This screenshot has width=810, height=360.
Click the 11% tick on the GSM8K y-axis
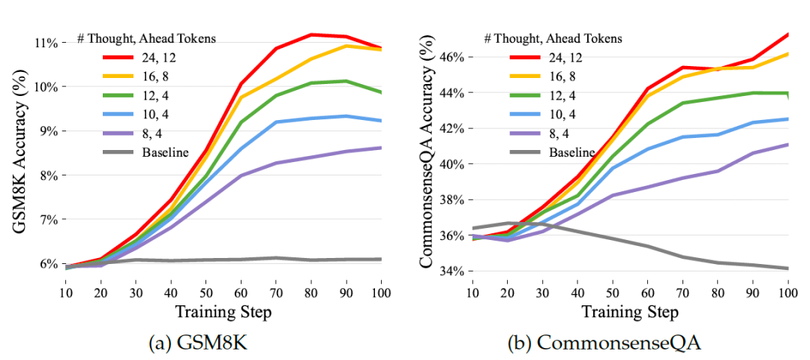(x=46, y=43)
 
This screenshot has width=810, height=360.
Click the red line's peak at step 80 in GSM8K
(x=311, y=34)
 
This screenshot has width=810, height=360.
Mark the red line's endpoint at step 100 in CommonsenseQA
(x=787, y=34)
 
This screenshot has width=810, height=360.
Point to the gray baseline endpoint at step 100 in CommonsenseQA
(x=787, y=268)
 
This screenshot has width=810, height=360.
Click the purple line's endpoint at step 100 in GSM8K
(x=381, y=148)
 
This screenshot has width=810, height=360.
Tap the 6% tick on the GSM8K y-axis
(x=48, y=264)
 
